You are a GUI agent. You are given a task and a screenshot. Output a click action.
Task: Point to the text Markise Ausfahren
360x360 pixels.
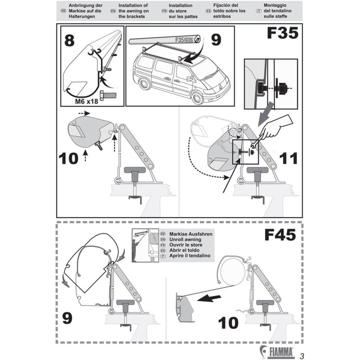coord(189,234)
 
